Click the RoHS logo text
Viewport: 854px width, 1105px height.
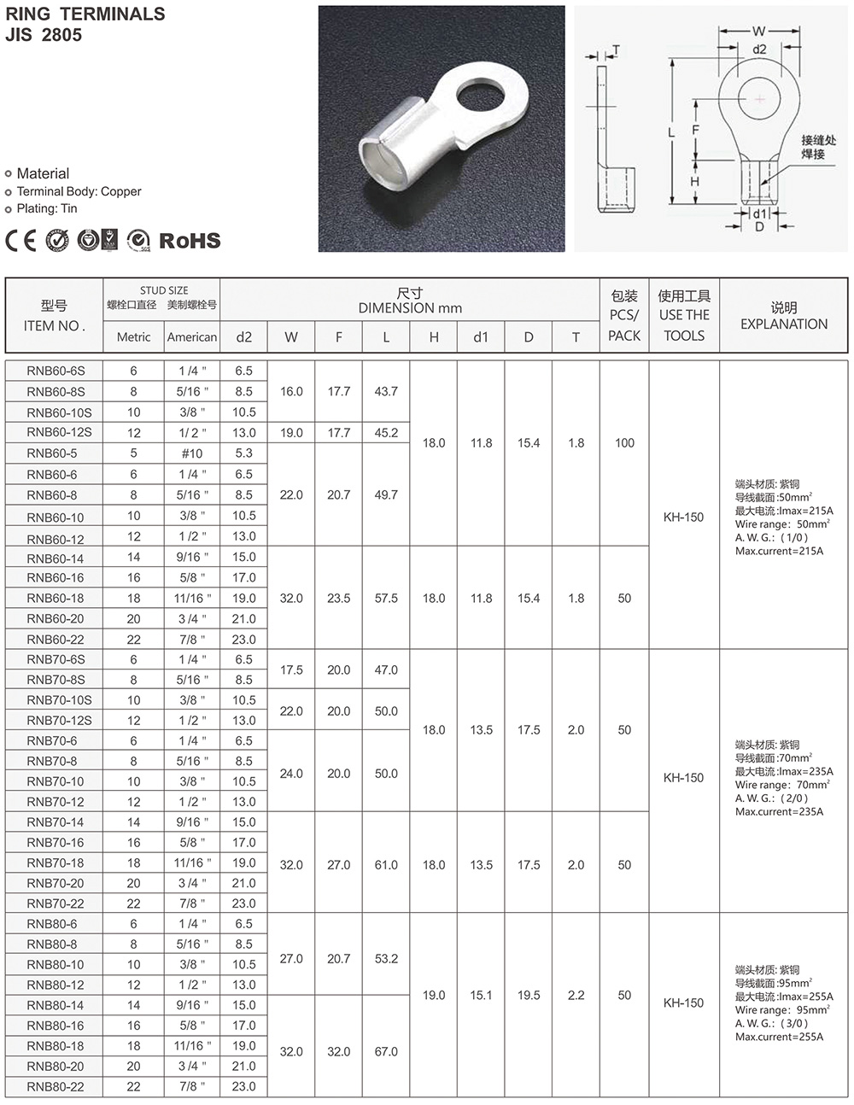[190, 241]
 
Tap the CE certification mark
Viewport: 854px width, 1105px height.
[21, 241]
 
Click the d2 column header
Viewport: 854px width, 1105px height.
[243, 337]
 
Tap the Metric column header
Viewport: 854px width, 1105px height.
[133, 337]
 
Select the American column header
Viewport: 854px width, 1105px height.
[192, 337]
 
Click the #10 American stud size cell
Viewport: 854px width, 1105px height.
[192, 453]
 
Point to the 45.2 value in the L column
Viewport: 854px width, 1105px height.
[386, 433]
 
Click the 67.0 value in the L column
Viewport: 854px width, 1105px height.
[386, 1051]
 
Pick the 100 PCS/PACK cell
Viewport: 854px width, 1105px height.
[624, 443]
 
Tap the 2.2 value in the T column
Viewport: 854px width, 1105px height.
[576, 995]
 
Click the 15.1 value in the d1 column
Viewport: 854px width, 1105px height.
[481, 995]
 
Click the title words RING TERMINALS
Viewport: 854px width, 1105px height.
[85, 15]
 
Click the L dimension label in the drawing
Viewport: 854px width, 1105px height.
[671, 132]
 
